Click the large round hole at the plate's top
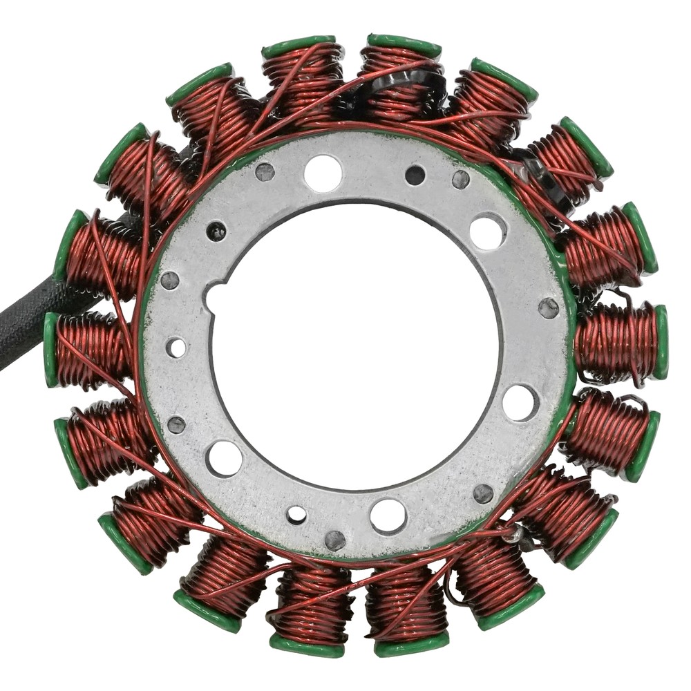[x=323, y=173]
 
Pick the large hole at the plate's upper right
[x=488, y=231]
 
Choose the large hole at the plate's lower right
[x=520, y=402]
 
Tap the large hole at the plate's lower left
[x=225, y=458]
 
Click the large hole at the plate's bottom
[x=388, y=515]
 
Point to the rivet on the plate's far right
[x=549, y=308]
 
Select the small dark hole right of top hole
[x=415, y=176]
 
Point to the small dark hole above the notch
[x=216, y=231]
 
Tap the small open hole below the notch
[x=176, y=347]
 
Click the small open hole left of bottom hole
[x=296, y=514]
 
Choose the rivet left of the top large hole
[x=265, y=172]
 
